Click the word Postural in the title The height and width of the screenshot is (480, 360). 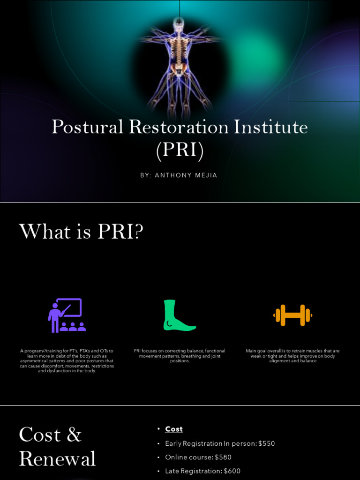(88, 127)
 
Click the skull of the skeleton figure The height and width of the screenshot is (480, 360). (178, 23)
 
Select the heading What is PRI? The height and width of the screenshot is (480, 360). (81, 232)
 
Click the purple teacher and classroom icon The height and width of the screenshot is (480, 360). (67, 315)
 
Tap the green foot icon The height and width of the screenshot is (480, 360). (179, 315)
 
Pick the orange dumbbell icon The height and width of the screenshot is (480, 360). (292, 315)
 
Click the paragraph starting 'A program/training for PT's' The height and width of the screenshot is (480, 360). (67, 361)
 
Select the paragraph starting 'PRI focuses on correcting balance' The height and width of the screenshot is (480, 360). (180, 356)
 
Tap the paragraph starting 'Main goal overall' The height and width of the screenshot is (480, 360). (292, 356)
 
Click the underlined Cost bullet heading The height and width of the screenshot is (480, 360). (174, 429)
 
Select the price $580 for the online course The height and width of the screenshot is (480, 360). (223, 457)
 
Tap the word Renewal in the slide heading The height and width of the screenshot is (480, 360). (57, 459)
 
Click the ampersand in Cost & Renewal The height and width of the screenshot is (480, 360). (74, 435)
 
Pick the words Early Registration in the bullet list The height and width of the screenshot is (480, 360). (194, 443)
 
